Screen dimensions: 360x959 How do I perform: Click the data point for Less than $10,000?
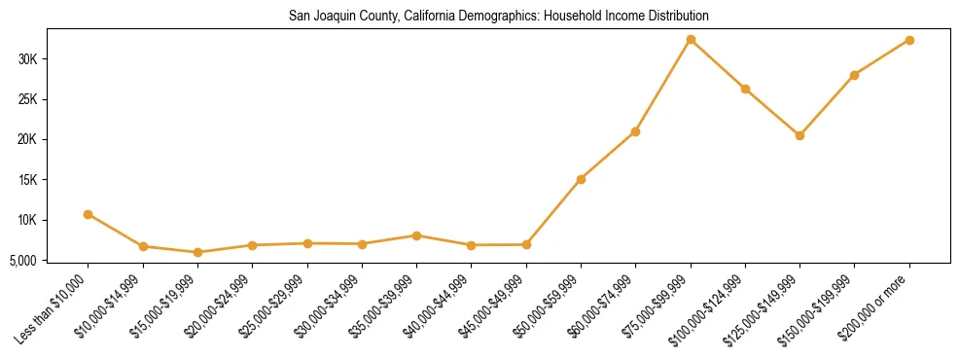coord(89,214)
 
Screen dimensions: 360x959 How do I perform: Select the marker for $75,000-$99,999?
coord(691,40)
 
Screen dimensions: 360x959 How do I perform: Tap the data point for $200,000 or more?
coord(909,41)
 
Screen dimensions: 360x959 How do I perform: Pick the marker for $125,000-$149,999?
coord(799,135)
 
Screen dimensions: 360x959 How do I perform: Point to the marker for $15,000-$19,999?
coord(197,252)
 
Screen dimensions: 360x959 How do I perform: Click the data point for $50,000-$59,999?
coord(581,179)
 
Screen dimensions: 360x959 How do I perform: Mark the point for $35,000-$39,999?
coord(416,235)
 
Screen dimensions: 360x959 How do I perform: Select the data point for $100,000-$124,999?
coord(745,89)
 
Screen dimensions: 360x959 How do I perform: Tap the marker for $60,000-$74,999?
coord(635,131)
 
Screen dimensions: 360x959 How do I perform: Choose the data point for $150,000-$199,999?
coord(854,75)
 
